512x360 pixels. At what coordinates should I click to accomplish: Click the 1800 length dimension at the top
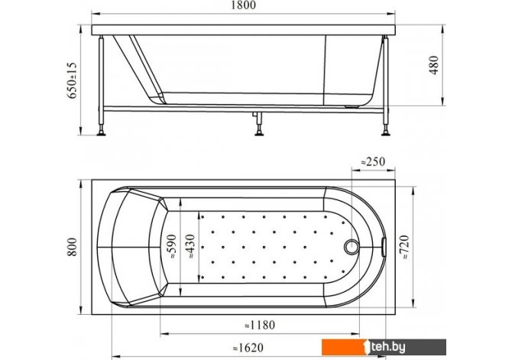coord(243,5)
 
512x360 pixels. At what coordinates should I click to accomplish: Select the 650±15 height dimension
coord(72,80)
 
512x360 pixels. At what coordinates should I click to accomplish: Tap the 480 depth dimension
coord(434,65)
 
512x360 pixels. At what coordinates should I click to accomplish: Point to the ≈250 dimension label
coord(373,161)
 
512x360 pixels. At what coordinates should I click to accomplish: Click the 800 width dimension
coord(72,247)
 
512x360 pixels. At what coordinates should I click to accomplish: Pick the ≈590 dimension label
coord(171,247)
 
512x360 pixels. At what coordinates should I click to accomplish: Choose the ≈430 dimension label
coord(190,247)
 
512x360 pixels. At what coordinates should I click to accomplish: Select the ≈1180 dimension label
coord(260,325)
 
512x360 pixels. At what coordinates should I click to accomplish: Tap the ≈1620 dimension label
coord(248,348)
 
